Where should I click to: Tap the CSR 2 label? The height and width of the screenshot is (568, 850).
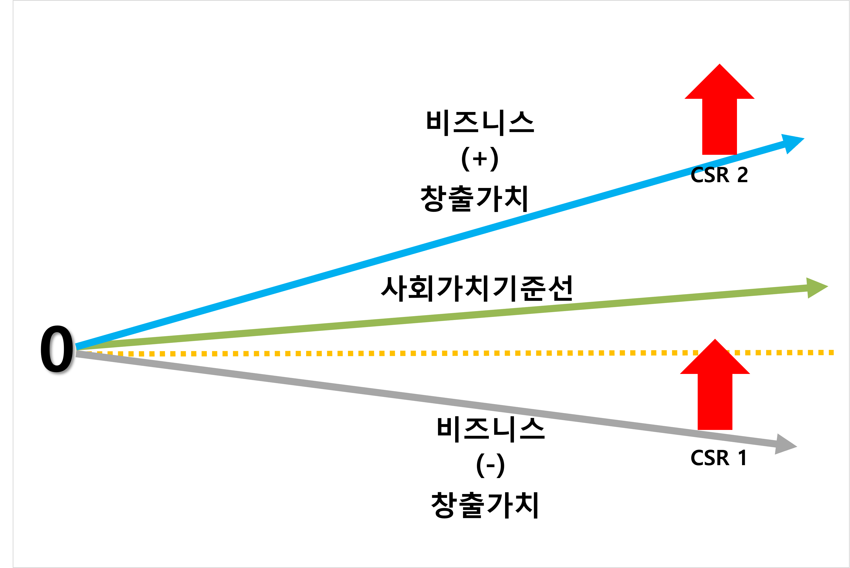click(719, 175)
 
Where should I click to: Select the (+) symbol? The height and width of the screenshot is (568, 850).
click(480, 159)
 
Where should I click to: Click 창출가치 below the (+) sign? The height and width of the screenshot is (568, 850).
click(474, 199)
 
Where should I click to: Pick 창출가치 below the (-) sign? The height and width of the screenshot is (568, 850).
click(485, 505)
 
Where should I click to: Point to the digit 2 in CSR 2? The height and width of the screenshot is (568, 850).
click(742, 175)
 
